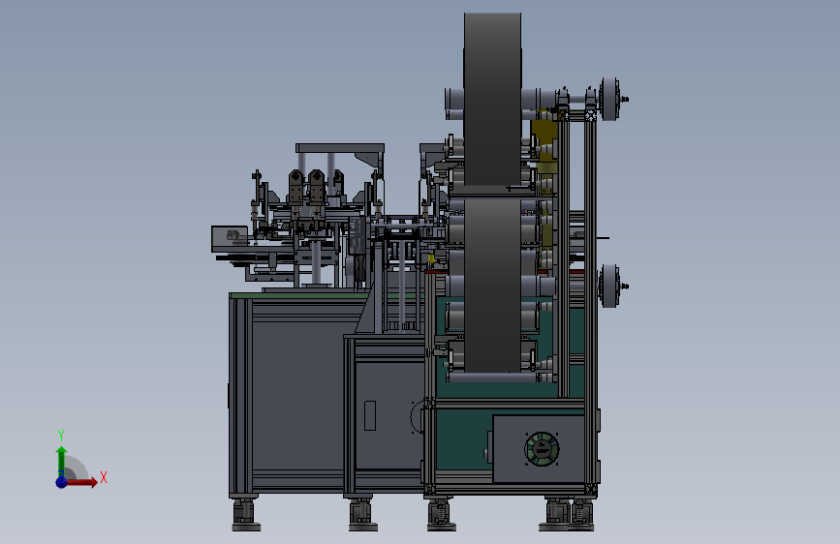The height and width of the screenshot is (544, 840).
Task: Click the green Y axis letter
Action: click(x=61, y=435)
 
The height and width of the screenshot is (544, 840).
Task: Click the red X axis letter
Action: click(x=104, y=477)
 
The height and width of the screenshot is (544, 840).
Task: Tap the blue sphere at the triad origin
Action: click(x=62, y=482)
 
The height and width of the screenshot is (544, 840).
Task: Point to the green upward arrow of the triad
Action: click(x=62, y=461)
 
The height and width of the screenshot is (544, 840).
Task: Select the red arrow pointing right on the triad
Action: click(x=81, y=482)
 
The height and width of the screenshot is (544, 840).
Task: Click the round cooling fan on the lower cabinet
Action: click(x=542, y=449)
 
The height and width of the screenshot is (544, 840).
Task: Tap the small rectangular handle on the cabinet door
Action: click(x=370, y=415)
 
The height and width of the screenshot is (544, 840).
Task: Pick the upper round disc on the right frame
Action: click(x=609, y=99)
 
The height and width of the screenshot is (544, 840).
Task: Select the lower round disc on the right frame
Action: click(x=609, y=286)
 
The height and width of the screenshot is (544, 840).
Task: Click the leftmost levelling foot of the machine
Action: click(x=246, y=515)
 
